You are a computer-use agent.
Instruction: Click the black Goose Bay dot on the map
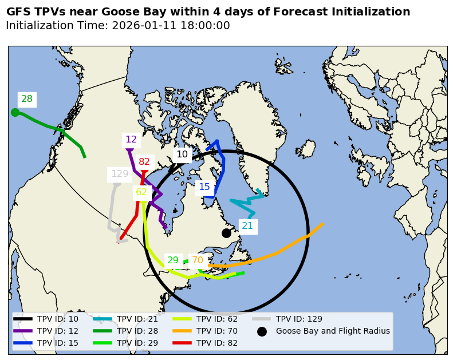[x=226, y=233]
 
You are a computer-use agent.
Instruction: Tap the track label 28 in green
[x=27, y=99]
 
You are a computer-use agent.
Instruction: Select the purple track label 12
[x=131, y=140]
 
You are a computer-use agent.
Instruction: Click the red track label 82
[x=144, y=162]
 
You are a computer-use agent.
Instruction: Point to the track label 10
[x=182, y=155]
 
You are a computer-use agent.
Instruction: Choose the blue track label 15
[x=204, y=187]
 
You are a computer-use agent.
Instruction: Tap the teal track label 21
[x=247, y=226]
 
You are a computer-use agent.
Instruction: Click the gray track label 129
[x=120, y=174]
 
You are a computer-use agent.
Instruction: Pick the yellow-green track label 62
[x=141, y=192]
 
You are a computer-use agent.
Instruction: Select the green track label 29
[x=173, y=260]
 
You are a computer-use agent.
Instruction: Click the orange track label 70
[x=198, y=260]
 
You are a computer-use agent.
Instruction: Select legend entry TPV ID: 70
[x=217, y=331]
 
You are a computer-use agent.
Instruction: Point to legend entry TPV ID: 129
[x=299, y=319]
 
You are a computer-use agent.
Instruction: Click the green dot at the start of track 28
[x=15, y=112]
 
